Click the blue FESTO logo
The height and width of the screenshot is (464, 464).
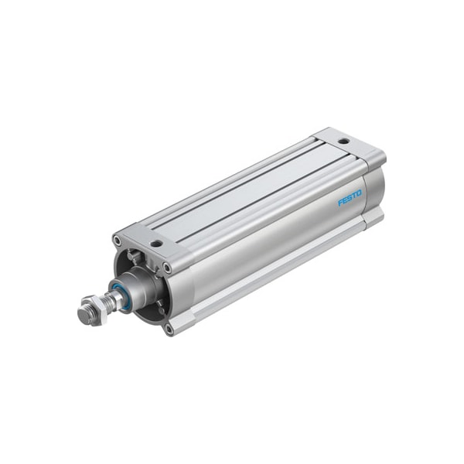pyautogui.click(x=350, y=199)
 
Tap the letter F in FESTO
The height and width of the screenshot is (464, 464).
pyautogui.click(x=339, y=203)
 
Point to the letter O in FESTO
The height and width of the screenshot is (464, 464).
pyautogui.click(x=360, y=194)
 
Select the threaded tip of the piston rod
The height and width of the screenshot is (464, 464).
pyautogui.click(x=83, y=315)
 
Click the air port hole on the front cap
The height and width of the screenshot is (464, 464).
pyautogui.click(x=156, y=244)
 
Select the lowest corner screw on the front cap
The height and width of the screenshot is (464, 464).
pyautogui.click(x=169, y=328)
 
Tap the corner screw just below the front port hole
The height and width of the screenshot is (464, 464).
pyautogui.click(x=167, y=268)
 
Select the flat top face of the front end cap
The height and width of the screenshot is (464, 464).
pyautogui.click(x=147, y=237)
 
